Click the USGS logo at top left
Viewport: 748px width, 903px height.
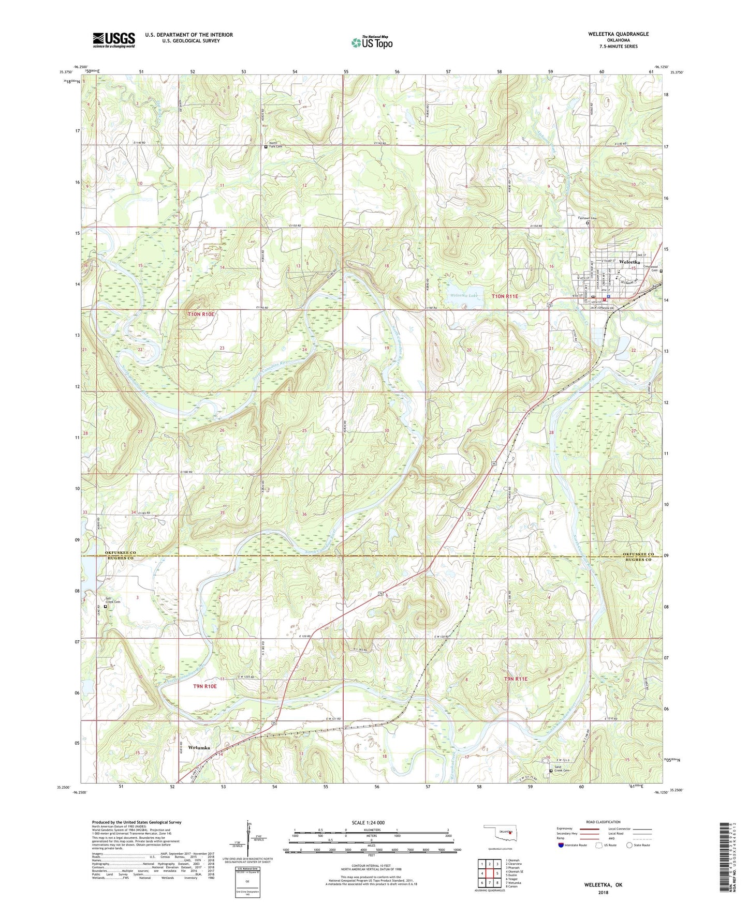(x=113, y=40)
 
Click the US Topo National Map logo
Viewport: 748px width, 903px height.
(x=372, y=42)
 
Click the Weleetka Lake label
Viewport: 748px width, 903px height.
(x=463, y=295)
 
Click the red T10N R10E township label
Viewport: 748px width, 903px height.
(x=201, y=314)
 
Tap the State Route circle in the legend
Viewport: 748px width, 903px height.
(x=629, y=845)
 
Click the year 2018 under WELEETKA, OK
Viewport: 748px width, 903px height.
(x=603, y=892)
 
